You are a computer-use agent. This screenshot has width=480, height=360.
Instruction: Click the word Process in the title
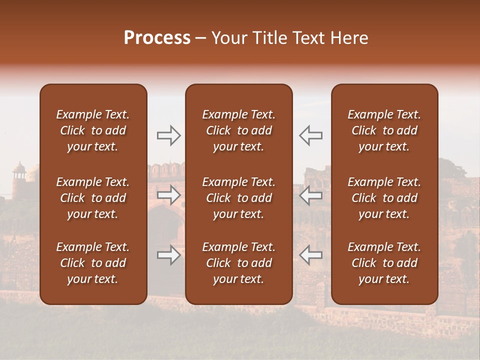(x=157, y=38)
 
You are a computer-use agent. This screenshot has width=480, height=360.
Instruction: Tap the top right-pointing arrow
(x=168, y=135)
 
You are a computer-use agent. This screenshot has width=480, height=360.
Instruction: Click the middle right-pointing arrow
(x=168, y=195)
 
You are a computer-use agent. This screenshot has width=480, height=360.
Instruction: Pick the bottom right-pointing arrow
(x=168, y=255)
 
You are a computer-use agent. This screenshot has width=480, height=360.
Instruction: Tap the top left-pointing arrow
(x=311, y=135)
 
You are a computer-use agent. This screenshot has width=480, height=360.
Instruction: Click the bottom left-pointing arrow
(x=311, y=255)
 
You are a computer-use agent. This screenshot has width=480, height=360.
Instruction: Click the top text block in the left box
(x=93, y=130)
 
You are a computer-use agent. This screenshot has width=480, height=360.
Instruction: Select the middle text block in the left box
(x=93, y=198)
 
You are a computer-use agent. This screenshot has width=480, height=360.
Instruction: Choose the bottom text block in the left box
(x=93, y=263)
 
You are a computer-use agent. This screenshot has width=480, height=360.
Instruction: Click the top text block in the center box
(x=239, y=130)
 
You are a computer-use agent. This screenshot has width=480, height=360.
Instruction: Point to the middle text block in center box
(x=239, y=198)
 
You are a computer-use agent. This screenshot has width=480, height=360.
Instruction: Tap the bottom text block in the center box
(x=239, y=263)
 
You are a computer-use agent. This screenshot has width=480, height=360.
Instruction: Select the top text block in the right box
(x=384, y=130)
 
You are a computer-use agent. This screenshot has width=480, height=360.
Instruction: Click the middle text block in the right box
(x=384, y=198)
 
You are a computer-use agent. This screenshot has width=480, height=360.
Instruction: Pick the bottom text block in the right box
(x=384, y=263)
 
